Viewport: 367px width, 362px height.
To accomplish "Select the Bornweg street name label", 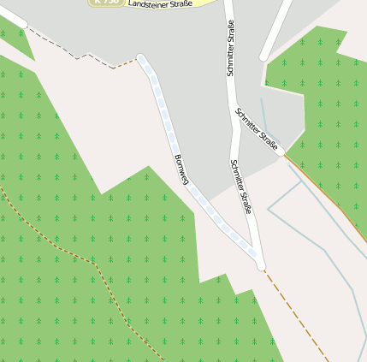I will coord(181,168).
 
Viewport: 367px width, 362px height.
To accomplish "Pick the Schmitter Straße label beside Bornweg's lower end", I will coord(241,187).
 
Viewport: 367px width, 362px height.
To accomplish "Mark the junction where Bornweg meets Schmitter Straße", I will coord(260,264).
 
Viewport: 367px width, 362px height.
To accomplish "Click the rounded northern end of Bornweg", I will coord(142,59).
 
